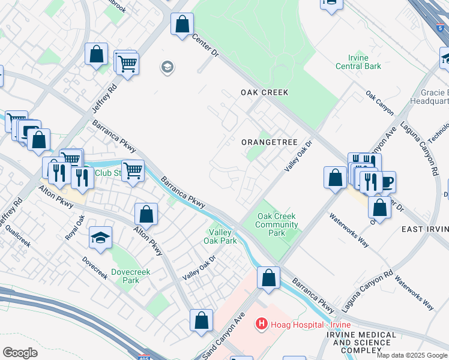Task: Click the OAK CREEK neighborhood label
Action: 265,92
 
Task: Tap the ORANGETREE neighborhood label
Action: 269,142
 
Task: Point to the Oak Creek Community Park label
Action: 277,224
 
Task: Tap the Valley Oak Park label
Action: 221,236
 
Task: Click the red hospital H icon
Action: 261,325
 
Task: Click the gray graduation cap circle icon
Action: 166,67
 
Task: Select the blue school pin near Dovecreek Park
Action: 100,237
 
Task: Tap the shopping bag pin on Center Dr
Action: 182,25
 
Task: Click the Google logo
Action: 20,352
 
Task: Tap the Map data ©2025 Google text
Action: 411,355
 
